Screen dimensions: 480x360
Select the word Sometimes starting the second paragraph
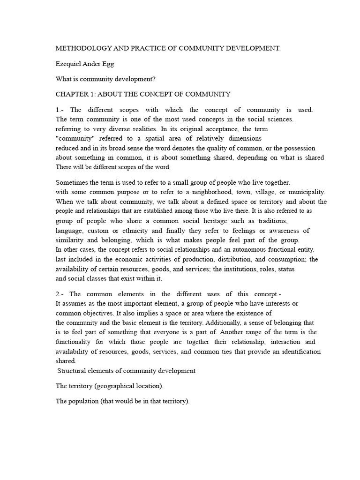[x=73, y=182]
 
